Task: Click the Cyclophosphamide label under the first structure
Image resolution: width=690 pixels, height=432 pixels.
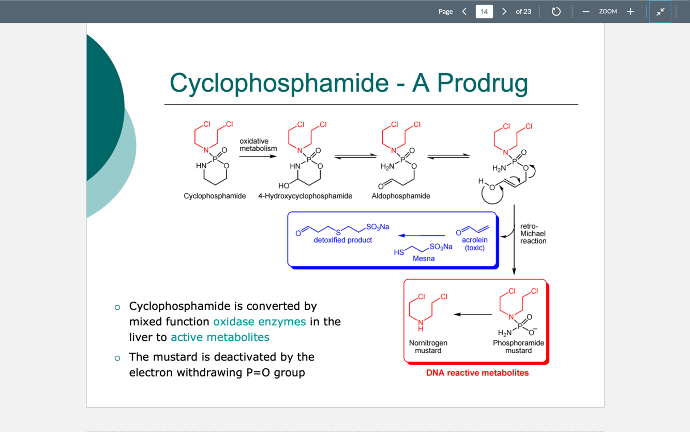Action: coord(215,196)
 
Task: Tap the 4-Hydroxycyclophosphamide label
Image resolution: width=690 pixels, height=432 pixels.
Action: coord(305,196)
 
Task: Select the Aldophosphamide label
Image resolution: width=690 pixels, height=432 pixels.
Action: coord(401,196)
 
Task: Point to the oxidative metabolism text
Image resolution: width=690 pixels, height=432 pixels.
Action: coord(258,145)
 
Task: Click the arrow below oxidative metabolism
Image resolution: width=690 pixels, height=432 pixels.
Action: coord(258,156)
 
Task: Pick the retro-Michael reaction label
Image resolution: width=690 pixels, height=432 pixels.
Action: coord(533,234)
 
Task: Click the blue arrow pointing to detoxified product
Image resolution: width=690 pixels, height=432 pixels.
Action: coord(422,236)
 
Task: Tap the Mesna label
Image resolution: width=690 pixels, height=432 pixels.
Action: coord(424,258)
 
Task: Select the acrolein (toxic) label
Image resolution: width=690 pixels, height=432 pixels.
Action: coord(475,244)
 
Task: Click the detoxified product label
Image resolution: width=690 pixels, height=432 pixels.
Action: coord(343,240)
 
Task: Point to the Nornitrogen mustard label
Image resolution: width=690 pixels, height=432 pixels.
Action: coord(428,347)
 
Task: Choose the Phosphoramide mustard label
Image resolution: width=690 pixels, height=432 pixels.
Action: coord(518,347)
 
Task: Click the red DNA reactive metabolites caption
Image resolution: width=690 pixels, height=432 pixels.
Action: coord(477,373)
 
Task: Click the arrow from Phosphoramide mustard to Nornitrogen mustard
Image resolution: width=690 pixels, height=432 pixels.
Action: coord(473,314)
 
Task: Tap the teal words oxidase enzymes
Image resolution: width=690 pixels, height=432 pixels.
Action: coord(260,322)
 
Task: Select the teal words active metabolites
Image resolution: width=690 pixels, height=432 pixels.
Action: coord(220,337)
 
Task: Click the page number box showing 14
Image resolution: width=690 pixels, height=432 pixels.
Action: coord(484,11)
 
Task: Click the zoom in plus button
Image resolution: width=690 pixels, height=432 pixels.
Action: coord(631,11)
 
